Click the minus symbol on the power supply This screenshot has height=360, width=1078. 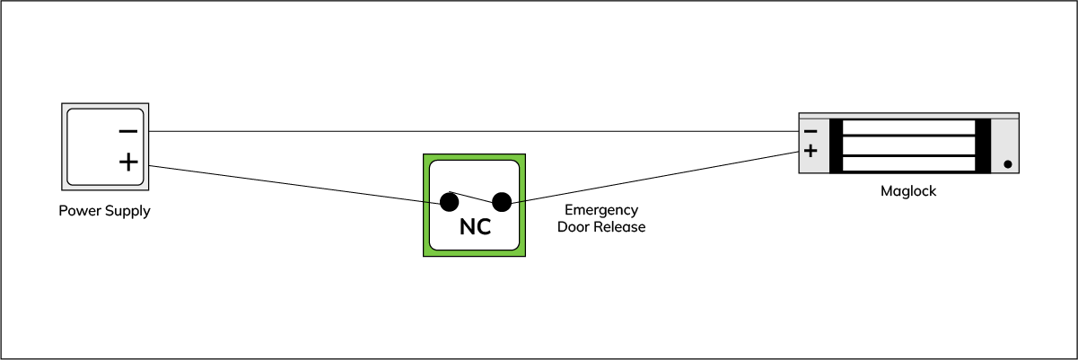pyautogui.click(x=127, y=132)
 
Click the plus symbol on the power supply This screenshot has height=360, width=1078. pyautogui.click(x=127, y=162)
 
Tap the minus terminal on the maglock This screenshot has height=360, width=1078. pyautogui.click(x=811, y=131)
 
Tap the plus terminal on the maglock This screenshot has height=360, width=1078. pyautogui.click(x=811, y=151)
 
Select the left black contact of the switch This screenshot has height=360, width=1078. pyautogui.click(x=449, y=202)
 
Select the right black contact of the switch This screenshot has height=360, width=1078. pyautogui.click(x=502, y=202)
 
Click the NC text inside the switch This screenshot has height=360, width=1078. pyautogui.click(x=475, y=228)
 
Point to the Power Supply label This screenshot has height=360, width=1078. pyautogui.click(x=104, y=212)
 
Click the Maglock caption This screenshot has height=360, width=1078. pyautogui.click(x=908, y=191)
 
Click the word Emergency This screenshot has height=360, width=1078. pyautogui.click(x=601, y=210)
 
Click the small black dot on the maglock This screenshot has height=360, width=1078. pyautogui.click(x=1007, y=164)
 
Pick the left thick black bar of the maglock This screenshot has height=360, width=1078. pyautogui.click(x=837, y=145)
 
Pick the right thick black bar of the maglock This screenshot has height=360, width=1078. pyautogui.click(x=983, y=145)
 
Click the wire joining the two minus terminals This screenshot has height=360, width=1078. pyautogui.click(x=467, y=132)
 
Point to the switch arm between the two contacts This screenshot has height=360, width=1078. pyautogui.click(x=474, y=196)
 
